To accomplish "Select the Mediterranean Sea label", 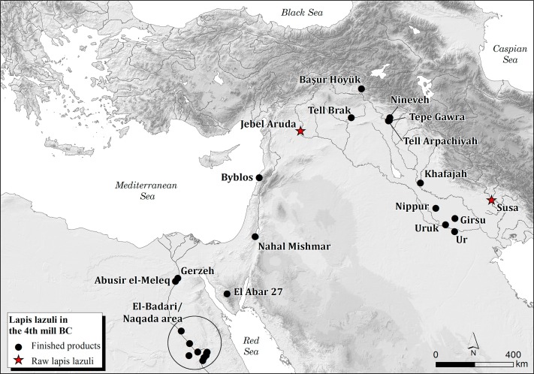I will (141, 190).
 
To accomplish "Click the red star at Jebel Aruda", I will (300, 131).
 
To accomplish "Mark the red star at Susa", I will (491, 201).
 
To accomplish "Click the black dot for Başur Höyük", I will (361, 89).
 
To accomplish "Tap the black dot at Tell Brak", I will (351, 117).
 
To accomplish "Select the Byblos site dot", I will (259, 177).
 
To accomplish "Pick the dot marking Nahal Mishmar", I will (255, 237).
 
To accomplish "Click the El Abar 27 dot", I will (227, 294).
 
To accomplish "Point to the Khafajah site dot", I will (420, 183).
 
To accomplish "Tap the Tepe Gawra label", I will (437, 118).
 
